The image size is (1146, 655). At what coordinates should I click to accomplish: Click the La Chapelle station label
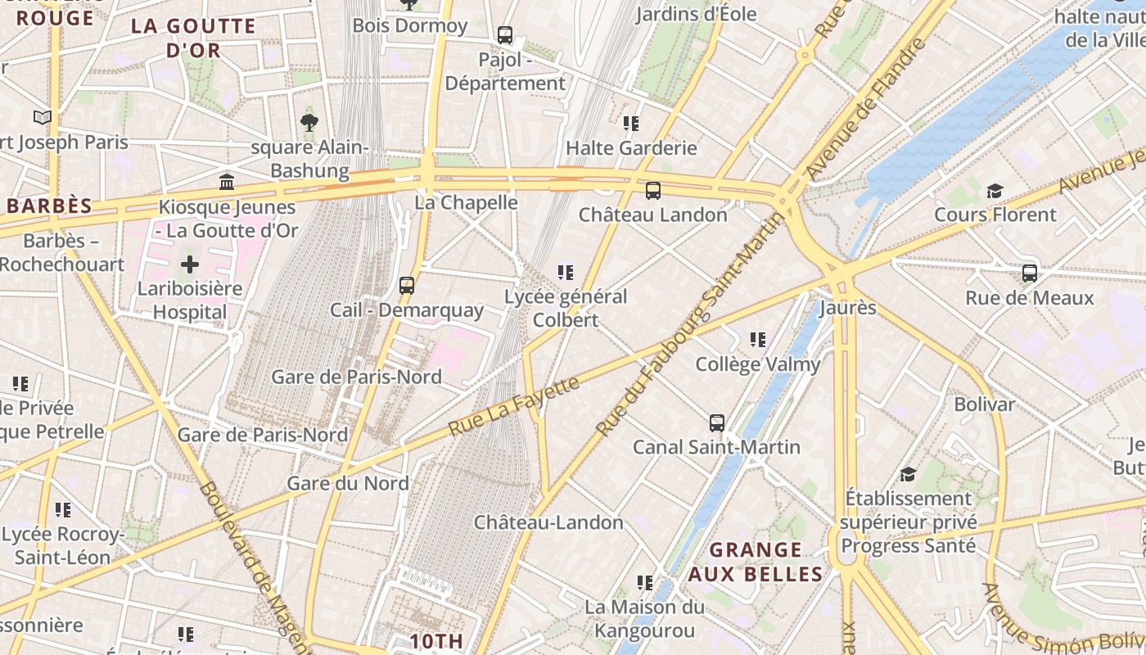click(466, 202)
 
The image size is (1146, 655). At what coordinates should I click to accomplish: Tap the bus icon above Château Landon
click(652, 191)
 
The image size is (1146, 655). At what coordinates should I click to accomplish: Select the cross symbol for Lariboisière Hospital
click(190, 264)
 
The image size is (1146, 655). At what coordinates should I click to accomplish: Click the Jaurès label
click(848, 308)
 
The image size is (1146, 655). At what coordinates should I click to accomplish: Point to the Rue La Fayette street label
click(514, 405)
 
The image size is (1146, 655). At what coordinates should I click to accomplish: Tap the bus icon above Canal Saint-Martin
click(717, 423)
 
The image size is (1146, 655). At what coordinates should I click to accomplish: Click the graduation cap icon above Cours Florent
click(995, 191)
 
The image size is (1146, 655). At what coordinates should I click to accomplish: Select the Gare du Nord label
click(347, 483)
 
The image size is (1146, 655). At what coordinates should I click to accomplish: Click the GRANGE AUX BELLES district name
click(755, 562)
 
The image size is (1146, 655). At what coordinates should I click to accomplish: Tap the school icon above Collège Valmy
click(758, 339)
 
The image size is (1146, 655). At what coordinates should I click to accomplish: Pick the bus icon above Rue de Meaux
click(1030, 273)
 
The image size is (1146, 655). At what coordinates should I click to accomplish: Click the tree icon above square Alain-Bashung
click(309, 124)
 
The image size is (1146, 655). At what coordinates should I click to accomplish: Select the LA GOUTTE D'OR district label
click(194, 38)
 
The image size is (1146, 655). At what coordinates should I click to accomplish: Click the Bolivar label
click(984, 404)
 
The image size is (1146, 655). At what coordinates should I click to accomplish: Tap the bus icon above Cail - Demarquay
click(407, 286)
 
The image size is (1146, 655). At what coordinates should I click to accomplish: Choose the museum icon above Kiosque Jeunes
click(227, 182)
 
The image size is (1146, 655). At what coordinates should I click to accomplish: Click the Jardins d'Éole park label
click(696, 14)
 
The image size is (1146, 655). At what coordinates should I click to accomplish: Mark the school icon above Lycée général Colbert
click(565, 272)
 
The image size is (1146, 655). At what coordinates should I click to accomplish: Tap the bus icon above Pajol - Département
click(505, 35)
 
